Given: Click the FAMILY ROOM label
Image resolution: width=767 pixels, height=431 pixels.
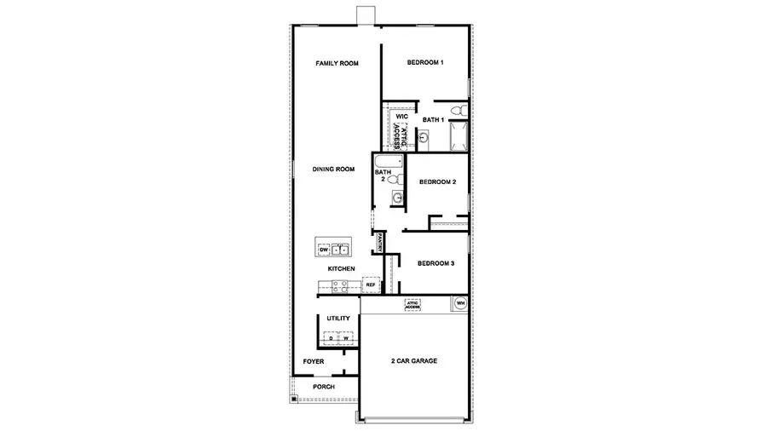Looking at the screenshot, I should (336, 63).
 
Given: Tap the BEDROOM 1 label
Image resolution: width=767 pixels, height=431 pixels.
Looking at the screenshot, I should (424, 63).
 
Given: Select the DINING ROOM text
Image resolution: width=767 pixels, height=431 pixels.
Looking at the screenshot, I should (333, 170).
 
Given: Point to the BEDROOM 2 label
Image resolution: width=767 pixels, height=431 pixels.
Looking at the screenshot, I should (437, 182).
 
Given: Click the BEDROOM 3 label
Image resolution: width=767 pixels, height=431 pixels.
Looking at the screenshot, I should (435, 263).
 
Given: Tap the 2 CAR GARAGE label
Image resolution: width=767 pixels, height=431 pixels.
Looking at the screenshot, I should (413, 361).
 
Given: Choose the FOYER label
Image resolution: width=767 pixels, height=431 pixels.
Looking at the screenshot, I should (314, 361).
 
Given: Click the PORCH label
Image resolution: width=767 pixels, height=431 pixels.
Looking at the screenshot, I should (323, 387).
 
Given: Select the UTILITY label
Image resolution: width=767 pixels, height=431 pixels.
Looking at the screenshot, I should (338, 318).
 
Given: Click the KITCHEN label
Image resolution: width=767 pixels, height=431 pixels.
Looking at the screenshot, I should (341, 269).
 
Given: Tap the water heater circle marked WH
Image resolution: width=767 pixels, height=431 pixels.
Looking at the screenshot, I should (460, 302).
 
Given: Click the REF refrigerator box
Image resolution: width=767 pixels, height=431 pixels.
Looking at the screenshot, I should (370, 284).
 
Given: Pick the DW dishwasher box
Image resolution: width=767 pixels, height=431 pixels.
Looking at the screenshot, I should (323, 250).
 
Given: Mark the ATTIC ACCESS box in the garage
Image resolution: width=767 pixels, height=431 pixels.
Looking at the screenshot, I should (414, 303).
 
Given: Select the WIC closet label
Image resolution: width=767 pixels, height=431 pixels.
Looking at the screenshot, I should (401, 116).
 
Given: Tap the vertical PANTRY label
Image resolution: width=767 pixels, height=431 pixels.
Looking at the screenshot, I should (378, 242).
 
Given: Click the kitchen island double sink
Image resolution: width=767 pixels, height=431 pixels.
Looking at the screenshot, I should (341, 250).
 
